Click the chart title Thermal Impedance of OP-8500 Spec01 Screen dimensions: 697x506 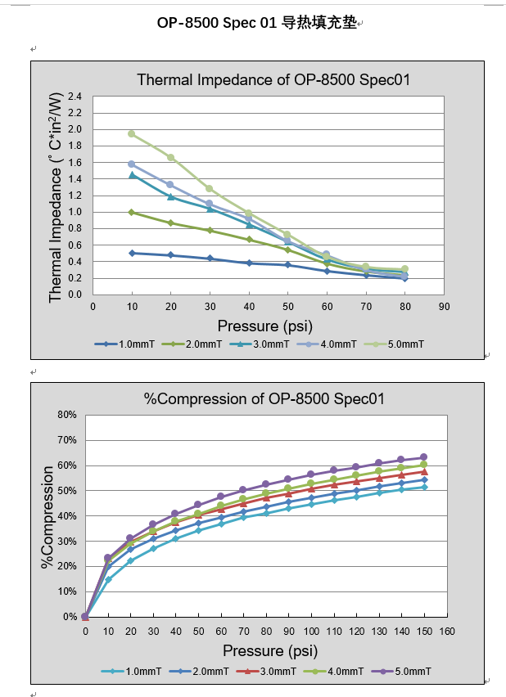click(273, 80)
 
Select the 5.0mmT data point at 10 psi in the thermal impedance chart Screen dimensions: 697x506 click(131, 133)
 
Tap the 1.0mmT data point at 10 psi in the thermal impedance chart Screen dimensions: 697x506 click(131, 253)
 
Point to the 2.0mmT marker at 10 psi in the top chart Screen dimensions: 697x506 click(131, 212)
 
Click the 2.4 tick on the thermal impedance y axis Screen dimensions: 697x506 click(75, 97)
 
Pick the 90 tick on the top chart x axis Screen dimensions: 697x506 click(444, 306)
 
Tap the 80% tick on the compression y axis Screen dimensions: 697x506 click(66, 415)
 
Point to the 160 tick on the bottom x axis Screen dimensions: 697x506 click(446, 632)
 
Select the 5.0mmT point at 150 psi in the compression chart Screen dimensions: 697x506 click(424, 457)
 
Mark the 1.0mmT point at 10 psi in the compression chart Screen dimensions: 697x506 click(108, 580)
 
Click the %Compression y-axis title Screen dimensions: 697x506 click(47, 517)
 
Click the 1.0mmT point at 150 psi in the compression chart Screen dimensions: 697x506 click(424, 487)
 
